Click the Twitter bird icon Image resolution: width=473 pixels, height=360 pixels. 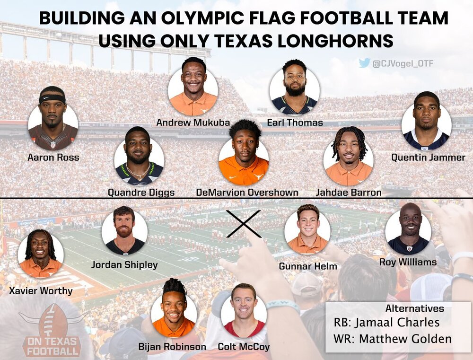pos(364,63)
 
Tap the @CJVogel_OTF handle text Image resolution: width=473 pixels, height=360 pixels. pos(403,63)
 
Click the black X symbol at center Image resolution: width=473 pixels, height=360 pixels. pos(244,224)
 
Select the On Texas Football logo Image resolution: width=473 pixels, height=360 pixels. pos(52,330)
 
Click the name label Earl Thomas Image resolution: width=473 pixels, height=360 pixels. pos(295,123)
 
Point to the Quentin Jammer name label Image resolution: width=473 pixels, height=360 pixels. pos(429,157)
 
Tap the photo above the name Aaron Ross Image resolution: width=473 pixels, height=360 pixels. pos(53,120)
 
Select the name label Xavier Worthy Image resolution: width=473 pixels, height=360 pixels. pos(41,291)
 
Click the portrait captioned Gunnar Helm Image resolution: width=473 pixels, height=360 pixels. pos(307,230)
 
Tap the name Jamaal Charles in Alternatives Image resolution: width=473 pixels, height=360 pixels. pos(397,322)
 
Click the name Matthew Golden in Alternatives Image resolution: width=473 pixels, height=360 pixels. pos(405,339)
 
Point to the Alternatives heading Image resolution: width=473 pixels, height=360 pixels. pos(414,308)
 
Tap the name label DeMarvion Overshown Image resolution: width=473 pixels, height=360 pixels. pos(247,193)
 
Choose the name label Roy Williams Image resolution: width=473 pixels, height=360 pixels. pos(408,262)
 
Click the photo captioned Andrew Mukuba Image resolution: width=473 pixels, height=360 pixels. pos(193,87)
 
